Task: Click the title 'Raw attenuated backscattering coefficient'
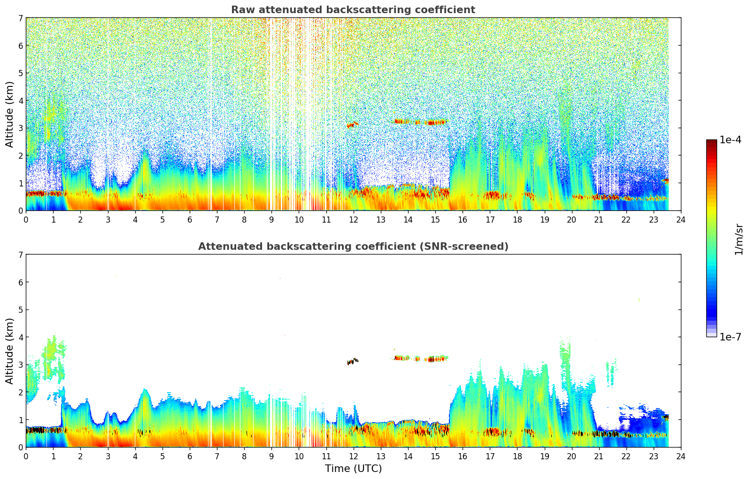[353, 10]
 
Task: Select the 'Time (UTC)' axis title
[353, 469]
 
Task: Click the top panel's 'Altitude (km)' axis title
[10, 114]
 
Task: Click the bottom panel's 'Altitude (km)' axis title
[10, 351]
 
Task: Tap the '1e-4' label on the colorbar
[730, 140]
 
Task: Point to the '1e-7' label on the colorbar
[730, 337]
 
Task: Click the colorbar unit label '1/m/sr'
[739, 239]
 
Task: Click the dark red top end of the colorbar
[711, 142]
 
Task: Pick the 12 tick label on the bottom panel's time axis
[353, 456]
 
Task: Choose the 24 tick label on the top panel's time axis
[680, 220]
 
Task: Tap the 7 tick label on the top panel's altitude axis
[20, 18]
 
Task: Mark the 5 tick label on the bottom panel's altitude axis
[20, 310]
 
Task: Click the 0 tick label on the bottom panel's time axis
[26, 456]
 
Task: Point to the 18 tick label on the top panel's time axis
[517, 220]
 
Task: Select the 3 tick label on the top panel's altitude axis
[20, 128]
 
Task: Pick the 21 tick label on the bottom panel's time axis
[599, 456]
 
